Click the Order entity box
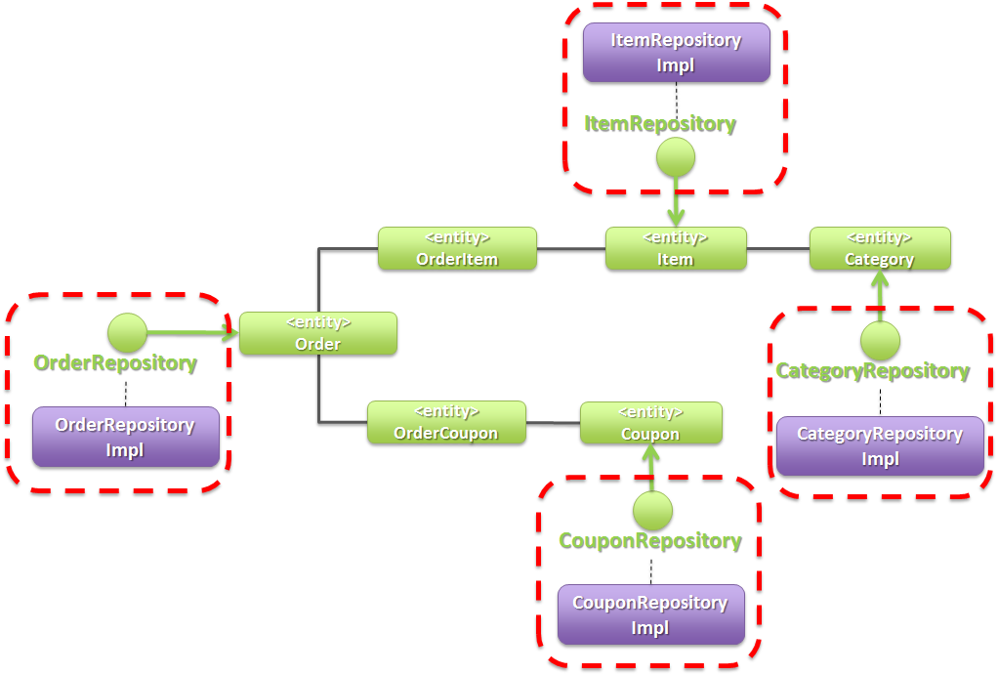pos(317,333)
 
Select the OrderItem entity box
pos(457,248)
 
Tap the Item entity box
pos(675,248)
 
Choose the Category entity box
pos(879,248)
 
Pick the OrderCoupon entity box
pos(446,422)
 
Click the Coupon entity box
pos(650,422)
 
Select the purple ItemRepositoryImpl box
pos(676,53)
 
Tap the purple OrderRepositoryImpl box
pos(125,437)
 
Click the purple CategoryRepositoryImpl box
pos(880,446)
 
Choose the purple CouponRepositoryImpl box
pos(649,615)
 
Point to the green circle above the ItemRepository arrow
pos(675,157)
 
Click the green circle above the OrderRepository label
pos(126,333)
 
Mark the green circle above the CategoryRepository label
pos(880,341)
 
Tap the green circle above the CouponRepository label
pos(651,510)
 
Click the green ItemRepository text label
pos(660,124)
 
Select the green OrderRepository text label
pos(115,363)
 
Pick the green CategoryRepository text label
pos(872,371)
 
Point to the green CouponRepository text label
pos(649,540)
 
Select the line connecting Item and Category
pos(777,249)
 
